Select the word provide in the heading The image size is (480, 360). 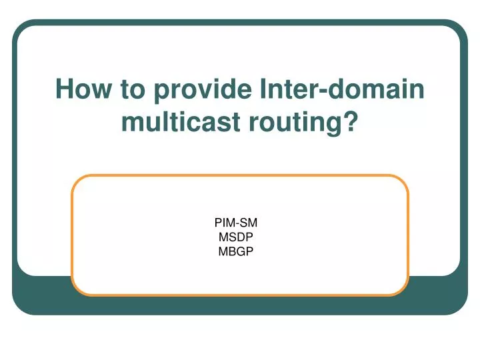click(x=199, y=90)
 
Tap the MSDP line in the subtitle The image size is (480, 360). click(x=235, y=237)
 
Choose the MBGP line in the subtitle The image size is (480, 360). click(x=235, y=251)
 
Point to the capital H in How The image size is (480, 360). click(x=64, y=90)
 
